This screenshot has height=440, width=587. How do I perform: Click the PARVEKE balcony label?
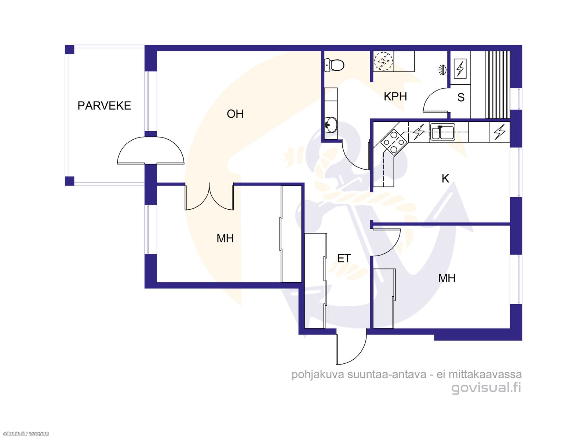click(x=104, y=106)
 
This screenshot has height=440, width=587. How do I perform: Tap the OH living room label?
click(x=235, y=114)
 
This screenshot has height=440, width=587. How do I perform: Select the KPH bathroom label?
click(x=395, y=96)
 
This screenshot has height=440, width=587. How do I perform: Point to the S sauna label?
click(x=460, y=97)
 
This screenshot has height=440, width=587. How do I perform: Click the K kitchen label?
click(x=445, y=179)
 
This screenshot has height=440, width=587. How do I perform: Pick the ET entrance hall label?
click(x=344, y=258)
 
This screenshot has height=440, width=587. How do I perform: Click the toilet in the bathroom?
click(x=334, y=65)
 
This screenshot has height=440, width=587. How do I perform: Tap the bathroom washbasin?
click(x=331, y=125)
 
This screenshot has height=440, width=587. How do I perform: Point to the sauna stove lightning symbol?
click(x=460, y=69)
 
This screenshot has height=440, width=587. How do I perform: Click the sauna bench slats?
click(x=498, y=84)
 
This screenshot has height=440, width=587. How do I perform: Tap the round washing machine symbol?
click(x=383, y=61)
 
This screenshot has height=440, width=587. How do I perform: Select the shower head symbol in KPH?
click(x=442, y=70)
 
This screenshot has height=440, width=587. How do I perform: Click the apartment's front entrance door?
click(x=351, y=349)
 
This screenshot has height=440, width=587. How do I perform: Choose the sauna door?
click(x=435, y=100)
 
